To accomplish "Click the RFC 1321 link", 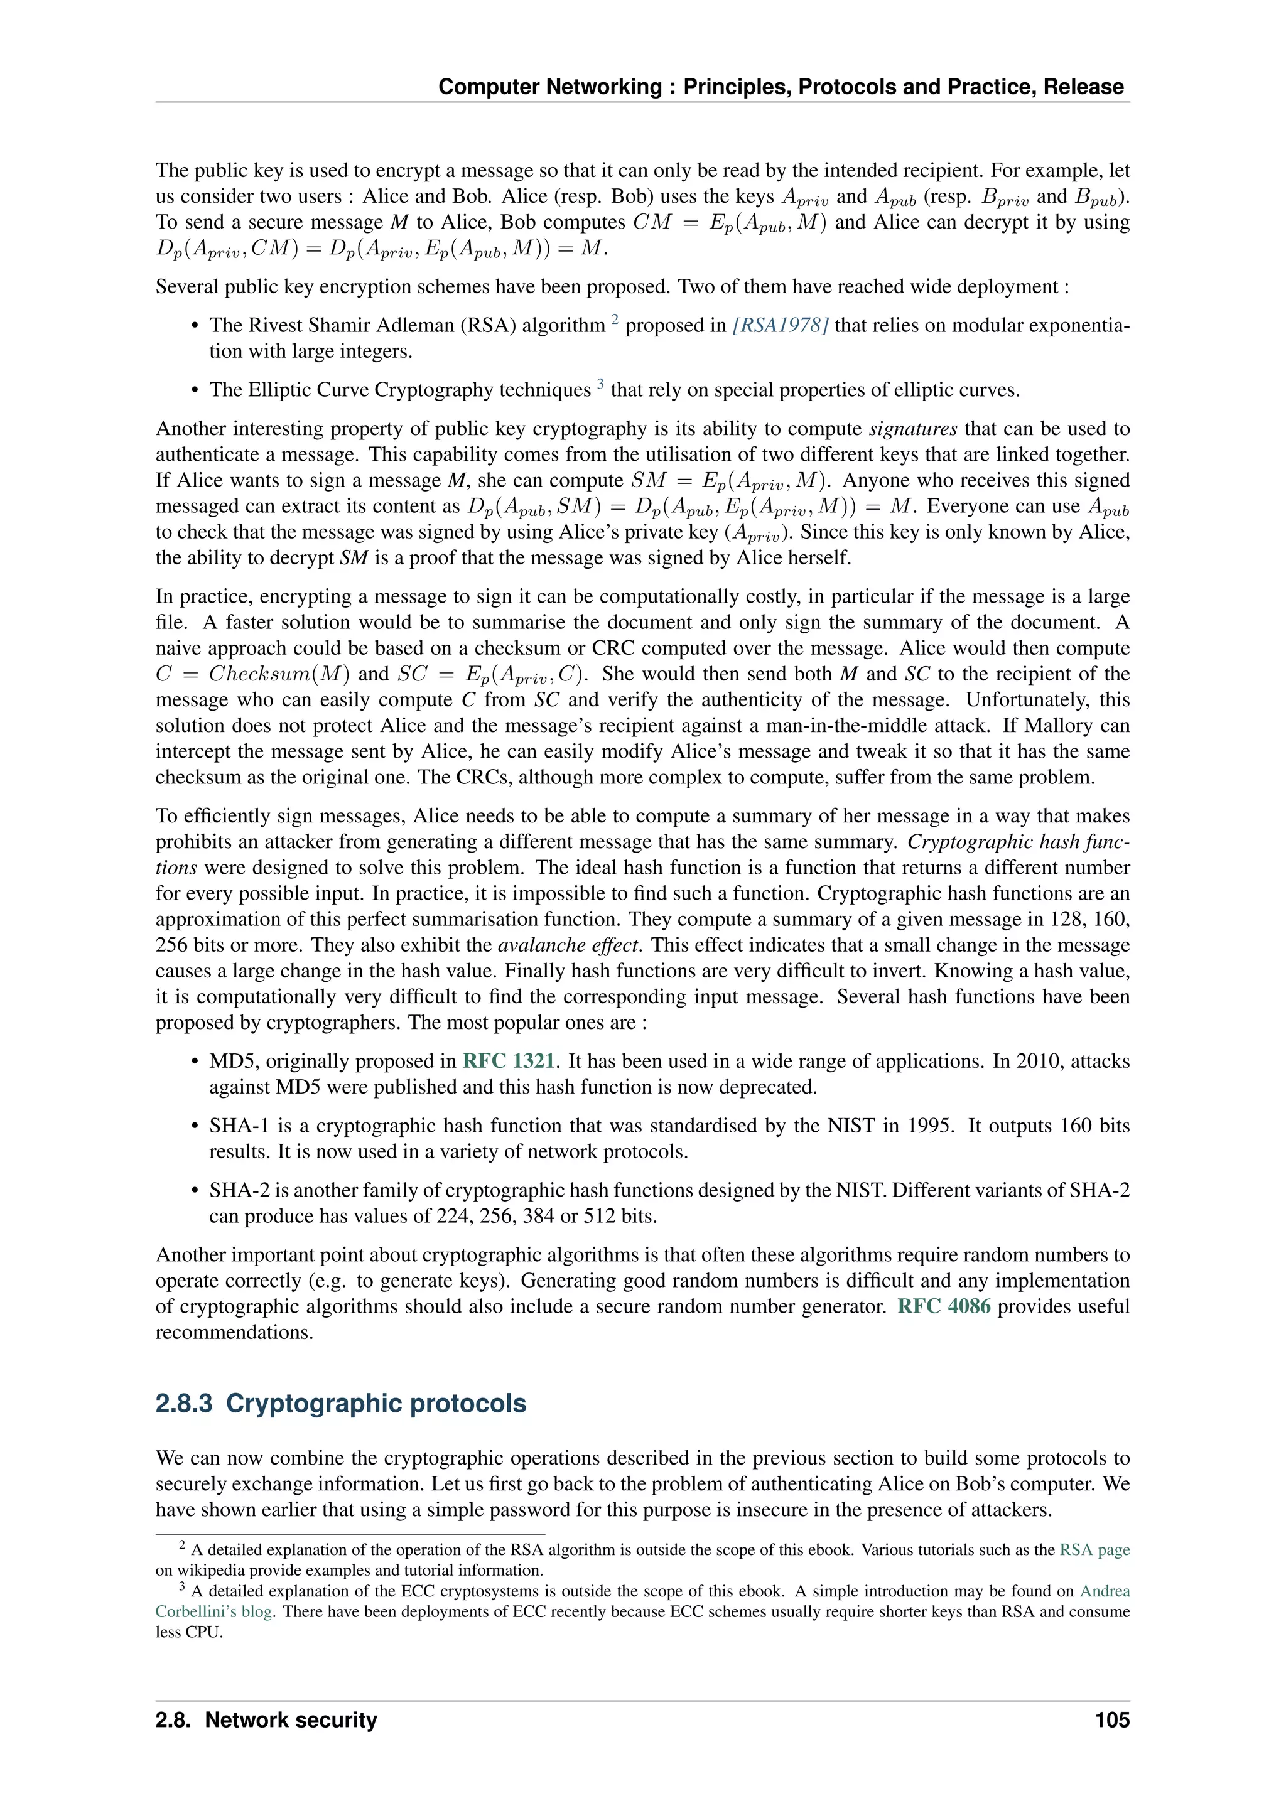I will point(509,1061).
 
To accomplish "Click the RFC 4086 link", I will point(943,1306).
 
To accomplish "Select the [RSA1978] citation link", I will point(780,325).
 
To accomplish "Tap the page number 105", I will point(1112,1720).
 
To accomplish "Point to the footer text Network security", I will point(291,1720).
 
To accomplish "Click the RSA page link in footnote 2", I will point(1094,1549).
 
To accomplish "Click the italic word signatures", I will point(913,429).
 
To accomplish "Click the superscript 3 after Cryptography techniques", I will point(600,384).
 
